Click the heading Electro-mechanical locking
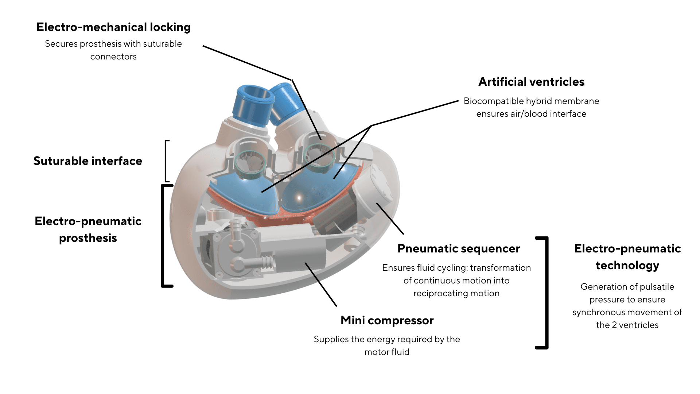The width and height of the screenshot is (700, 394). [113, 27]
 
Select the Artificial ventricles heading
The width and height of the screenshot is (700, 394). [531, 82]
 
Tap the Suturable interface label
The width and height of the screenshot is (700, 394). [88, 161]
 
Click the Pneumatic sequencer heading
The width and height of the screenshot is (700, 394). [458, 249]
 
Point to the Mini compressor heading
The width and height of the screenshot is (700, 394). [387, 320]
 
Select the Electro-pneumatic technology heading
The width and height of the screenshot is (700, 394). [627, 257]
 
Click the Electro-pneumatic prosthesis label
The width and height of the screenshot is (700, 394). [88, 229]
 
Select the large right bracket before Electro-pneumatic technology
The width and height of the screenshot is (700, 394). [545, 293]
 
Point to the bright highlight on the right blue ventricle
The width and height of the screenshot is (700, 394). [299, 198]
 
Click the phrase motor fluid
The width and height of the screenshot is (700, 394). [387, 352]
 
